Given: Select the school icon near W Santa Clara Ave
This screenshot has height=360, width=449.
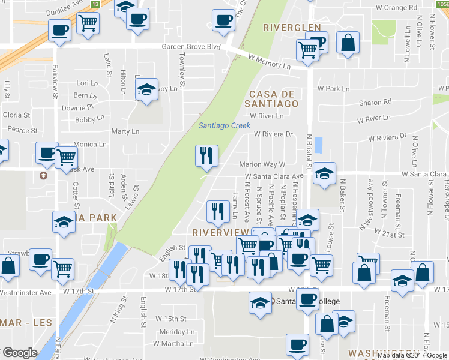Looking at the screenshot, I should pos(324,174).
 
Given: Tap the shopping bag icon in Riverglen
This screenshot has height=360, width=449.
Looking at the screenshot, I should pos(348,43).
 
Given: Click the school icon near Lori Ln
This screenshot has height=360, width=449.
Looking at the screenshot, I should pos(146,89).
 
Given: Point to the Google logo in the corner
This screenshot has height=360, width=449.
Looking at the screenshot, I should pos(20,353).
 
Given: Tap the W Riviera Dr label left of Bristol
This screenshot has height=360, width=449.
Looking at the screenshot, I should pos(273,134).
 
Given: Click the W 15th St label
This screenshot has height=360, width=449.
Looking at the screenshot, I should pos(167,318).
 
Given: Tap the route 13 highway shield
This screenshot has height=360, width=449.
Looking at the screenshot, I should pos(96,4).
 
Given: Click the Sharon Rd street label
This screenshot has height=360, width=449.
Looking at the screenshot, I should pos(370,103).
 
